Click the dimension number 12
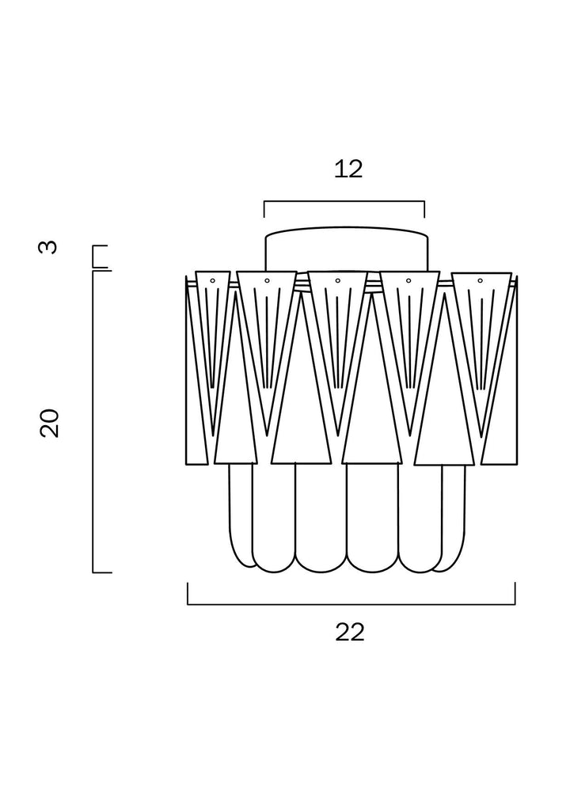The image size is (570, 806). click(x=348, y=169)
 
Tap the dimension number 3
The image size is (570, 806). click(x=48, y=247)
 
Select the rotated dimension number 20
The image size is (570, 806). click(x=49, y=423)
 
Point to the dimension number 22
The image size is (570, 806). click(x=350, y=632)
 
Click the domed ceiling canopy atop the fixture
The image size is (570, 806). click(x=346, y=249)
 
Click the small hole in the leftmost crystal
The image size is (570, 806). click(x=212, y=280)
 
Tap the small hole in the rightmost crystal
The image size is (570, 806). click(x=480, y=280)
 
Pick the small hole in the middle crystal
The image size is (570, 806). click(x=337, y=280)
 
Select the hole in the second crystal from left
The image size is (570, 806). click(x=267, y=280)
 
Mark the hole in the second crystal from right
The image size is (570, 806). click(x=408, y=280)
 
